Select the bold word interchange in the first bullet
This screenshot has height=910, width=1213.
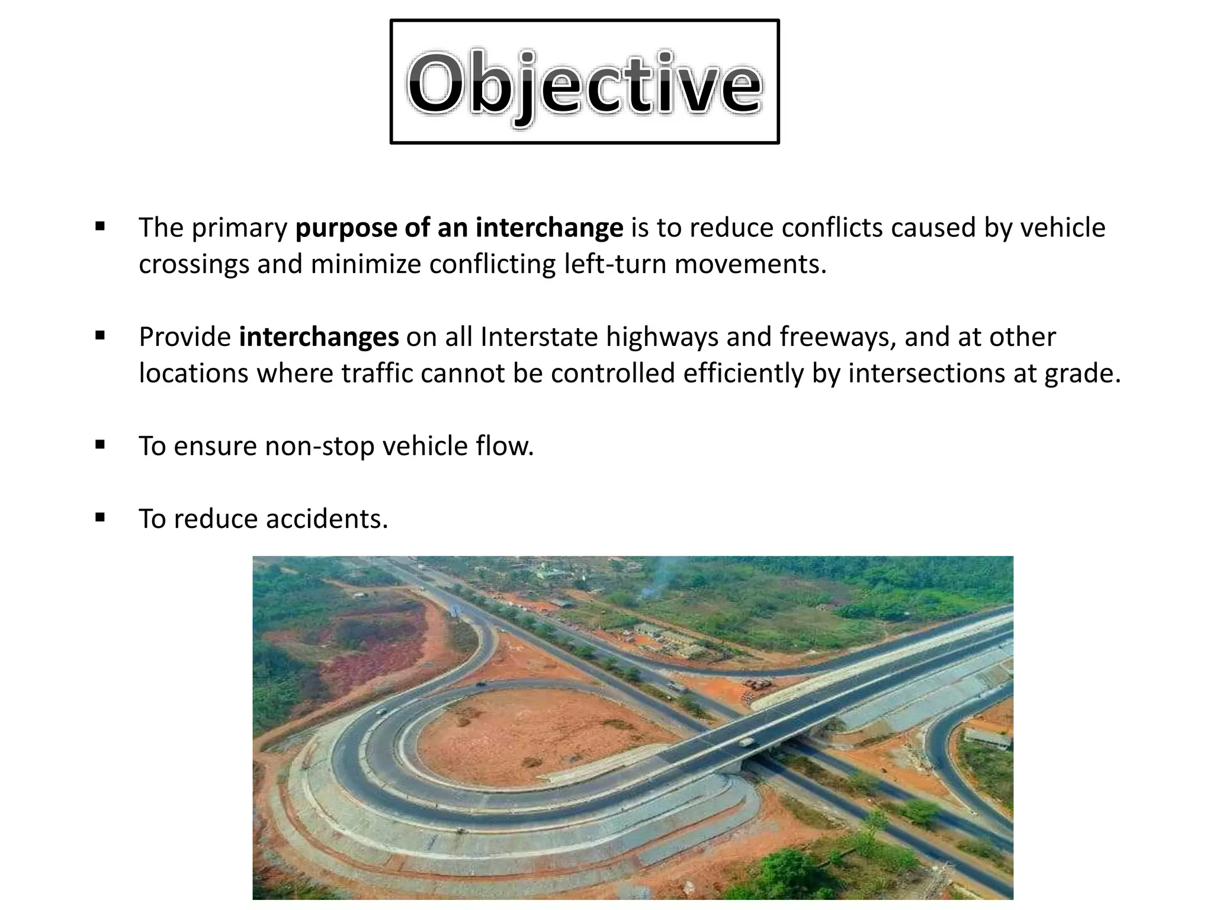(549, 228)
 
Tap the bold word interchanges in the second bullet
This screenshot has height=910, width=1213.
(319, 337)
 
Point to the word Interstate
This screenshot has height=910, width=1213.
(539, 337)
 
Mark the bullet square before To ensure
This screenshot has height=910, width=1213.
(100, 444)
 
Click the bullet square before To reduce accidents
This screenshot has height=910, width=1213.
(100, 517)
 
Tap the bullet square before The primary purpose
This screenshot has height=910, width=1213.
(100, 226)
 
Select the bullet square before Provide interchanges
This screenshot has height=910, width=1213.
(100, 335)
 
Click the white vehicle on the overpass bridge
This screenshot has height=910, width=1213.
(747, 742)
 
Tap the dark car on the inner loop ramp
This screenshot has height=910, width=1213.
(480, 685)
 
